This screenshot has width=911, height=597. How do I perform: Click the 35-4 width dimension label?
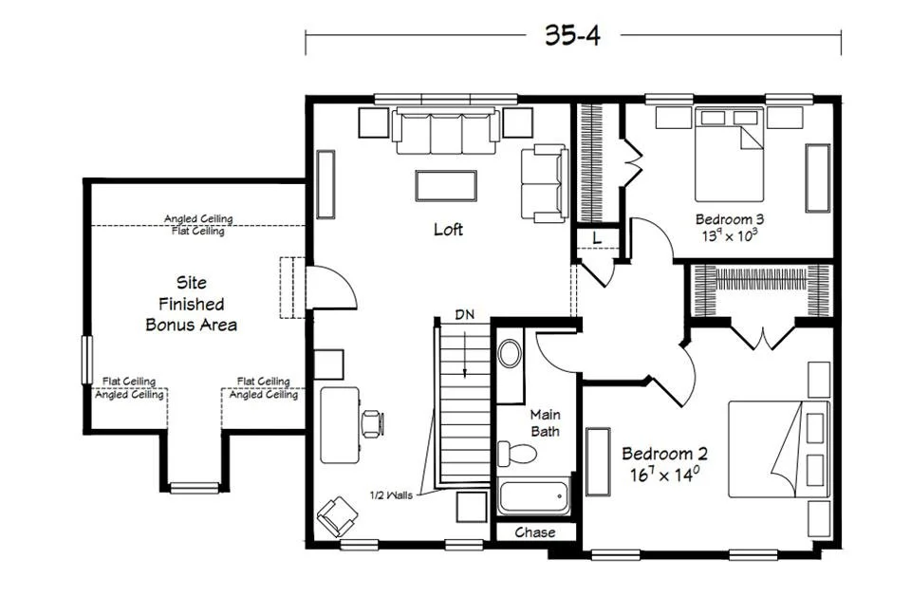tap(572, 35)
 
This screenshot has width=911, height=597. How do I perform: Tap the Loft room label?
tap(449, 229)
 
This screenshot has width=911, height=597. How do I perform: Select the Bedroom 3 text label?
tap(730, 220)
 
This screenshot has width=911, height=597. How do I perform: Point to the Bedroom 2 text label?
tap(665, 454)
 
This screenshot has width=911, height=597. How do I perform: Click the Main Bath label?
tap(545, 423)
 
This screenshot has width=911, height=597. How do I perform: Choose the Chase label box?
tap(535, 532)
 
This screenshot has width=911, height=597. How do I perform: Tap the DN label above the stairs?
tap(465, 315)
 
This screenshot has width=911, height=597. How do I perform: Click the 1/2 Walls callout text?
tap(391, 495)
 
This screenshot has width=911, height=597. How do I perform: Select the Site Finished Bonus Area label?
tap(191, 304)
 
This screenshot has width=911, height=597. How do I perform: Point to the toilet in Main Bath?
tap(517, 453)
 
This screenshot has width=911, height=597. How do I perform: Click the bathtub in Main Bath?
tap(534, 497)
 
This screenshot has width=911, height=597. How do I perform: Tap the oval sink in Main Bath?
tap(510, 353)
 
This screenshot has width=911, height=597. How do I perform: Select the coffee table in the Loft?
tap(446, 185)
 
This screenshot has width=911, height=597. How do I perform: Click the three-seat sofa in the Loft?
tap(446, 131)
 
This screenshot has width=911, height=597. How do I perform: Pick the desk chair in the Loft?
tap(372, 423)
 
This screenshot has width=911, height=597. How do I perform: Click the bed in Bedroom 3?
tap(729, 154)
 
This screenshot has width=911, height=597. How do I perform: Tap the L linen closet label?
tap(597, 238)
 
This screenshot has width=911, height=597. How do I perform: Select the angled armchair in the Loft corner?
tap(337, 516)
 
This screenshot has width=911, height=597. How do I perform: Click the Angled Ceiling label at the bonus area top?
tap(198, 218)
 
